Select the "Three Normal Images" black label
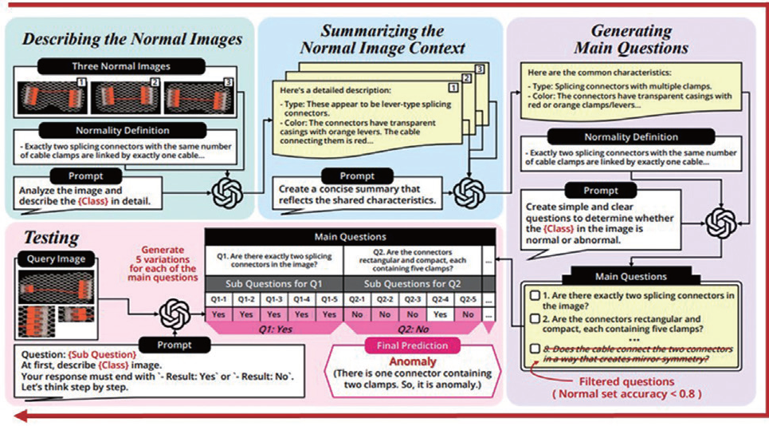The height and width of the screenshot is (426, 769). point(132,66)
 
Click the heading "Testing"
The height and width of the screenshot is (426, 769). point(51,237)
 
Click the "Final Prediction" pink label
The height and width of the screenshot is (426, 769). point(410,347)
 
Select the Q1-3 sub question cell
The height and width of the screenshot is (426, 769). point(273,299)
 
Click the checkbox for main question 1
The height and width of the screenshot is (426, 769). point(536,295)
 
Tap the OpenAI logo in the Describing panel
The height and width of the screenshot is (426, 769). point(226,192)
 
